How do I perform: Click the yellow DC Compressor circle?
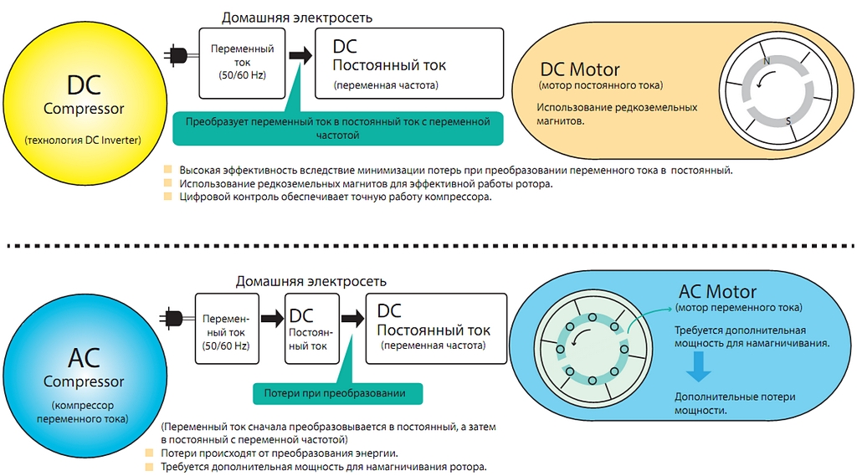click(85, 104)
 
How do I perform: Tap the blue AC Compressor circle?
click(85, 376)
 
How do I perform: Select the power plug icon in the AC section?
click(176, 318)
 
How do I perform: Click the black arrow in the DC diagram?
click(300, 54)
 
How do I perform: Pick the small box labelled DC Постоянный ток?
click(312, 329)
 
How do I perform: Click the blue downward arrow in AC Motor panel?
click(698, 366)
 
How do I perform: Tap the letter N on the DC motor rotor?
click(767, 61)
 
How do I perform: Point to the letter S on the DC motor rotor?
click(788, 120)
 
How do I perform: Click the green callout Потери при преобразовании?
click(338, 393)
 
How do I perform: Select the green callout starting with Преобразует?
click(338, 129)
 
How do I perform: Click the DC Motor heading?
click(580, 69)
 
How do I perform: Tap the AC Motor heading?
click(717, 291)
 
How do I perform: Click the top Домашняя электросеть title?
click(297, 18)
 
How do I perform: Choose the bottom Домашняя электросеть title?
click(311, 281)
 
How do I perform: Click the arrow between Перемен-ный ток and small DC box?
click(272, 318)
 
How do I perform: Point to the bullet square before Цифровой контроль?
click(167, 197)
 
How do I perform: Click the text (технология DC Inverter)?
click(83, 141)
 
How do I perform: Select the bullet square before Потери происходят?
click(149, 453)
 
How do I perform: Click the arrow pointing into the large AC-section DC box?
click(352, 318)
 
